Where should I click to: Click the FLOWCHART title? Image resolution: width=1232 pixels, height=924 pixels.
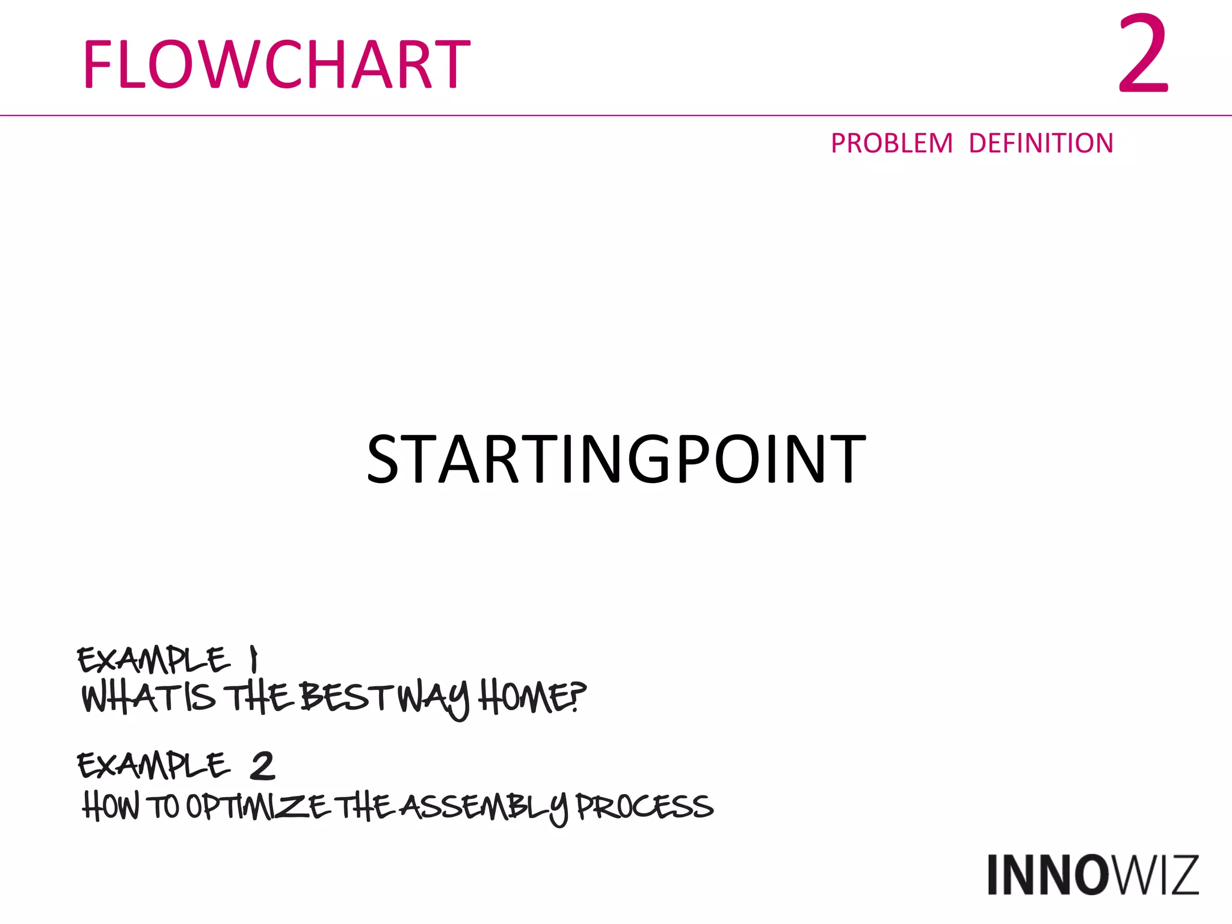(276, 64)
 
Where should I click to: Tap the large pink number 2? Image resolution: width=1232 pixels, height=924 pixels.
(1142, 55)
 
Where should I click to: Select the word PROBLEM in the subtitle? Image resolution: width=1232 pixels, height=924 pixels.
(892, 144)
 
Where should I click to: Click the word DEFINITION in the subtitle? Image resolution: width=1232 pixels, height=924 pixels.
(1041, 144)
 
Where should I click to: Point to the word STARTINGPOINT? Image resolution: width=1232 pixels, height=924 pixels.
(616, 459)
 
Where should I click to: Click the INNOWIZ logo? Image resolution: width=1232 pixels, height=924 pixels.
(1092, 875)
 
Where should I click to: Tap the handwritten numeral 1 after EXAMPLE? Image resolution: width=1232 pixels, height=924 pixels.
(254, 659)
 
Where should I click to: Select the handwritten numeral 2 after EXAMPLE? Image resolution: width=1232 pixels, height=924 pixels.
(262, 766)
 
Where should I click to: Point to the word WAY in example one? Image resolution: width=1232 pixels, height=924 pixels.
(434, 699)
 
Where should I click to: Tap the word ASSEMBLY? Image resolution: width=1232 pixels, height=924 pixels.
(485, 807)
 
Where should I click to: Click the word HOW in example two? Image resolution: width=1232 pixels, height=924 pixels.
(111, 806)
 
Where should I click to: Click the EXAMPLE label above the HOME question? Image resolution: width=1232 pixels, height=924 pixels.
(153, 660)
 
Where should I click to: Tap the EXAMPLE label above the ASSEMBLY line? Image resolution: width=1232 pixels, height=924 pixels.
(153, 766)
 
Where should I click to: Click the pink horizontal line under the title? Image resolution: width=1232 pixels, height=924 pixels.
(616, 115)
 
